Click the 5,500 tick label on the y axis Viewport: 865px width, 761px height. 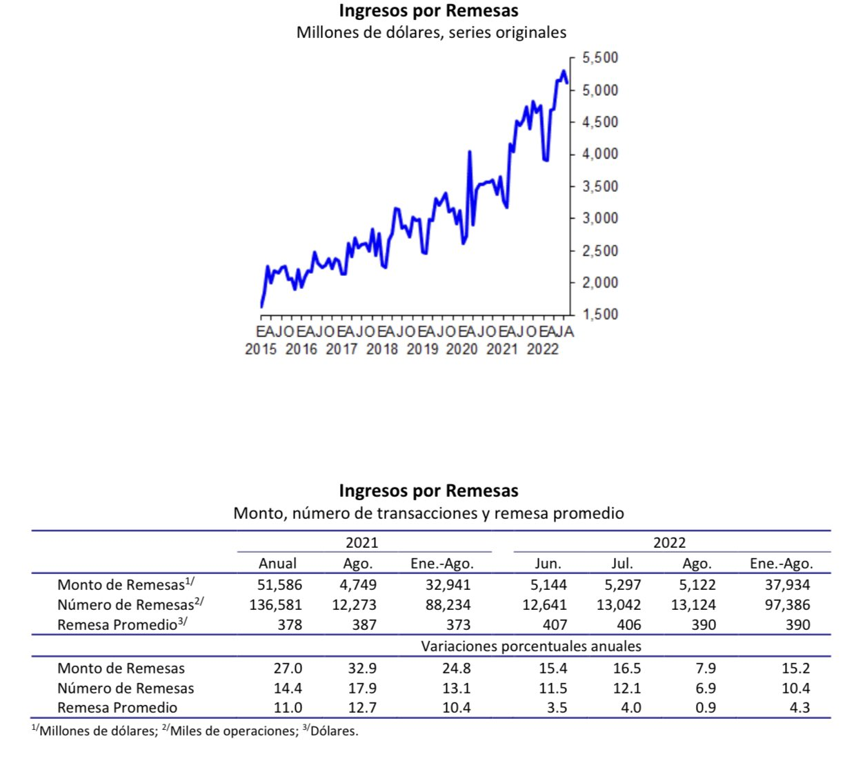pyautogui.click(x=599, y=58)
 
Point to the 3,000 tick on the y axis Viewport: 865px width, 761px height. pyautogui.click(x=599, y=218)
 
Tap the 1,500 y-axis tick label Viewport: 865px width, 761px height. pyautogui.click(x=599, y=315)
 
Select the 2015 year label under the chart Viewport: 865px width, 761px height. pyautogui.click(x=261, y=349)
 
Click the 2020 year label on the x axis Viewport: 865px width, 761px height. pyautogui.click(x=461, y=349)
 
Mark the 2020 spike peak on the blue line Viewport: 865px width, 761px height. pyautogui.click(x=470, y=152)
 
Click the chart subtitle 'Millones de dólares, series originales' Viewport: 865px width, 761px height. pyautogui.click(x=431, y=32)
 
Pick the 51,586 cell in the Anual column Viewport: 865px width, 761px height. pyautogui.click(x=279, y=585)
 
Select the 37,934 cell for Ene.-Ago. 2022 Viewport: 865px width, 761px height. pyautogui.click(x=787, y=585)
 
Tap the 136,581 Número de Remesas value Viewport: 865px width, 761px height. pyautogui.click(x=275, y=605)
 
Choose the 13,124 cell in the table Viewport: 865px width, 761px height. pyautogui.click(x=693, y=605)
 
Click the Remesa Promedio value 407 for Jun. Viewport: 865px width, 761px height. pyautogui.click(x=555, y=625)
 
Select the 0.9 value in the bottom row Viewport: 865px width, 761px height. pyautogui.click(x=705, y=708)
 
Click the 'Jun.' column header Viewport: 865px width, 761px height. pyautogui.click(x=548, y=564)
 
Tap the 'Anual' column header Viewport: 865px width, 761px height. pyautogui.click(x=277, y=564)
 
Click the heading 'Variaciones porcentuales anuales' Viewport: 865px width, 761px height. pyautogui.click(x=531, y=646)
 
